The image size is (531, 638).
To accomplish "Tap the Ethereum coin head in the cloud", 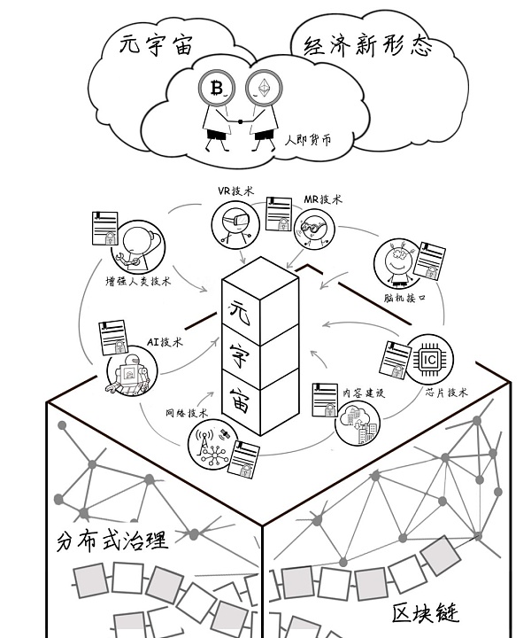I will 264,88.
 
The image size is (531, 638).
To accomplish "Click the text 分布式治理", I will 112,540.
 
